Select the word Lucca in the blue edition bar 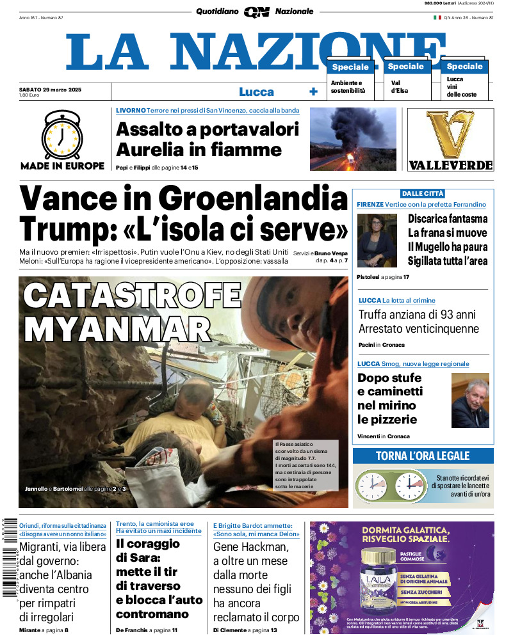(256, 91)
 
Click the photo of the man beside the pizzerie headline (469, 401)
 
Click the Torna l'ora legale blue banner (423, 456)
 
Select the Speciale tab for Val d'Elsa (405, 67)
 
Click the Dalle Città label (422, 193)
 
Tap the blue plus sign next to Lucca (313, 91)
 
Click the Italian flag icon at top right (437, 17)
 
